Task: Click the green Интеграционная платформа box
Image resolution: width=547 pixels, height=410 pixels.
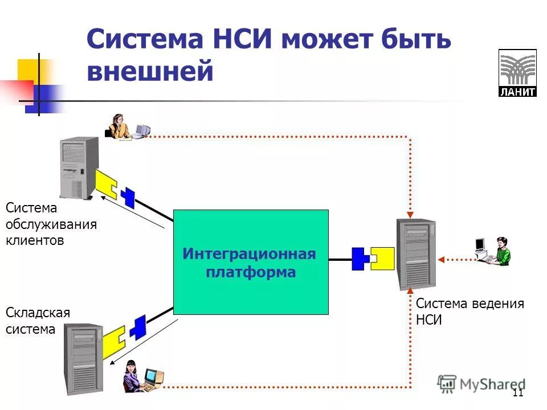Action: (251, 262)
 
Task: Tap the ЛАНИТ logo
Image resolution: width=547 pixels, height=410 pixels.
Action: (517, 72)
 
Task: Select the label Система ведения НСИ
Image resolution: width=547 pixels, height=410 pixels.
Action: (470, 311)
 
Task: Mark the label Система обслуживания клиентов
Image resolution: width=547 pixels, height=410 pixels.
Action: (51, 224)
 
